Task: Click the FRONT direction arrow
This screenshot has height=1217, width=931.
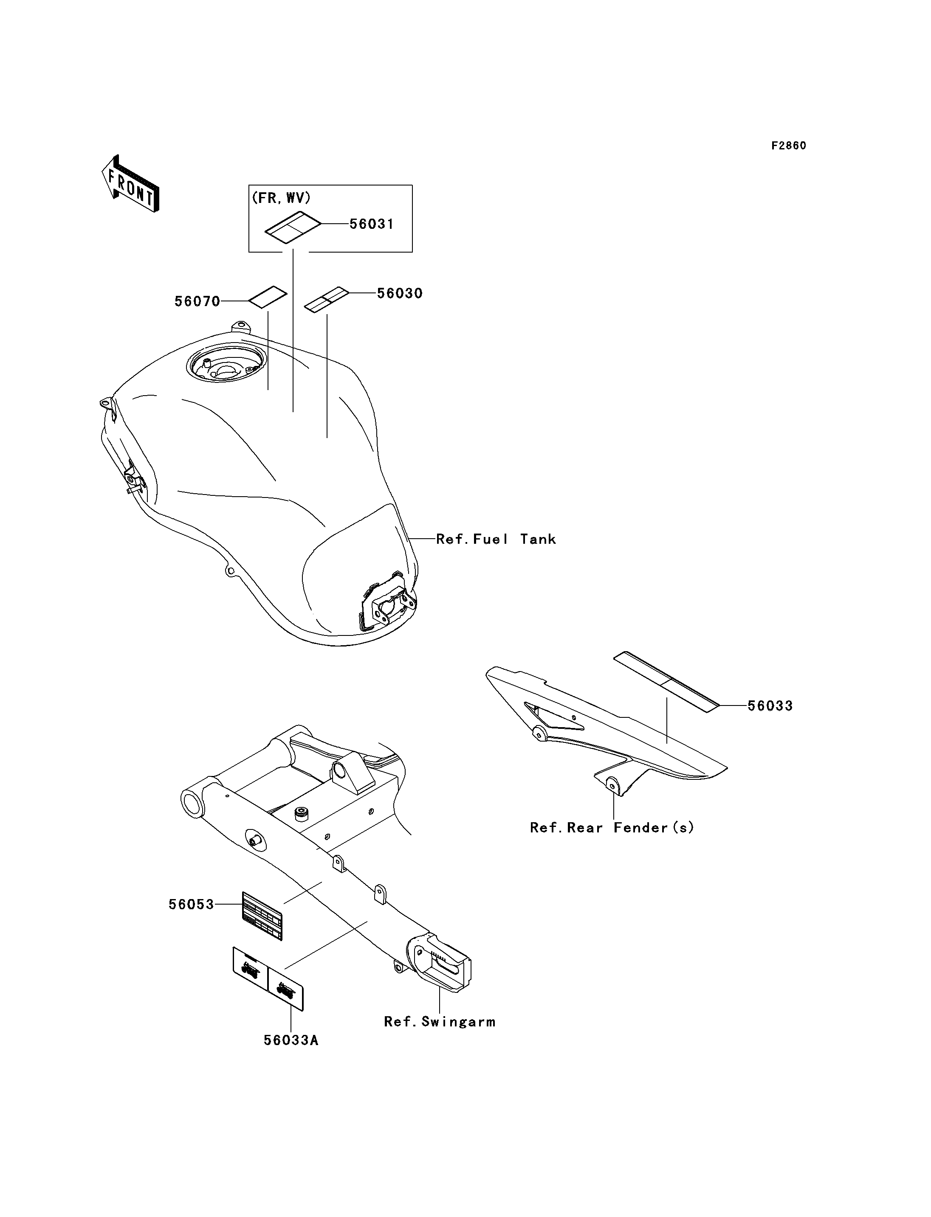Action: (x=131, y=183)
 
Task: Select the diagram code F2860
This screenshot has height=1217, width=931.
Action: (x=789, y=146)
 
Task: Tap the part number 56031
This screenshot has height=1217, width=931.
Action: (x=371, y=225)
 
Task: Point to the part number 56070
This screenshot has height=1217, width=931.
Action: (x=197, y=301)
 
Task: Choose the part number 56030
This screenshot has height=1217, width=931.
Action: (x=400, y=294)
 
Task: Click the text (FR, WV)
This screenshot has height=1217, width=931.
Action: (x=281, y=198)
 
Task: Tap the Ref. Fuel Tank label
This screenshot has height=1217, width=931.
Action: (x=496, y=539)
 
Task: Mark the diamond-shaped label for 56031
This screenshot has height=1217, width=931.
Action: (x=293, y=227)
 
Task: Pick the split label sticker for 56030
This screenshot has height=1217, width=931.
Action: (x=327, y=300)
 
